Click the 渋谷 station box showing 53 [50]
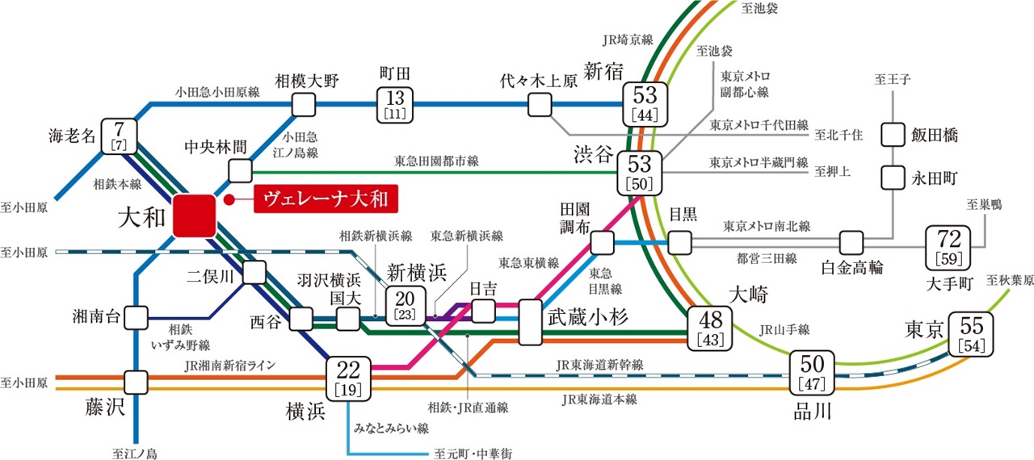point(640,171)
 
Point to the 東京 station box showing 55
point(972,332)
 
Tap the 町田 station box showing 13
point(395,105)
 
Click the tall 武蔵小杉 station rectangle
point(531,323)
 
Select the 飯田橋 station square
point(893,134)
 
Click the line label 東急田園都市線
point(436,161)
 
